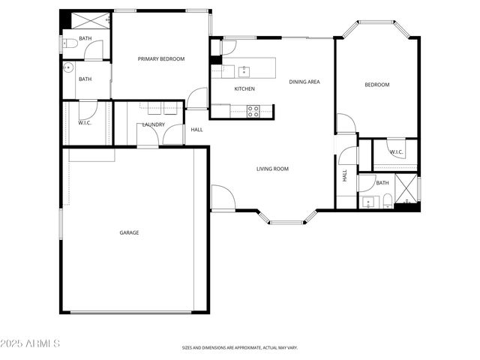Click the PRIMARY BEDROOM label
coord(160,58)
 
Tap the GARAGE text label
coord(129,232)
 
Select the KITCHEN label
coord(244,89)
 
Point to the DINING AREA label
coord(304,82)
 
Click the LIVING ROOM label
coord(272,169)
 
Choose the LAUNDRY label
coord(153,124)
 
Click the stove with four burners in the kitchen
coord(253,111)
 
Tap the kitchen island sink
coord(244,72)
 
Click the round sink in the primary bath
coord(69,67)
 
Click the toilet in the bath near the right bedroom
coord(386,200)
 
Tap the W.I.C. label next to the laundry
coord(85,123)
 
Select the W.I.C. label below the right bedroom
coord(395,152)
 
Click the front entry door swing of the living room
coord(223,197)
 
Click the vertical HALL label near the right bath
coord(345,176)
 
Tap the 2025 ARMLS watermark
coord(31,343)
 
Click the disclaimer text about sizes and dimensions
coord(239,348)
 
